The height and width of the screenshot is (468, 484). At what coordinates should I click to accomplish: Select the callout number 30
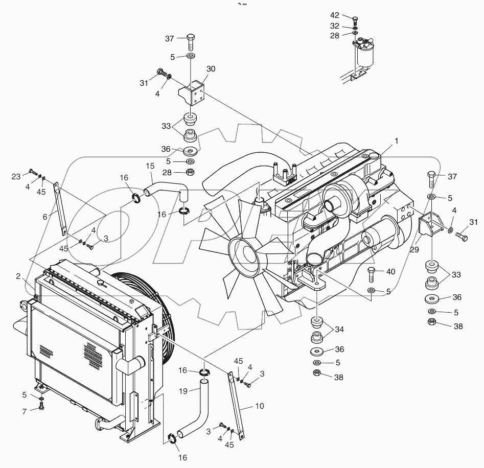tap(211, 69)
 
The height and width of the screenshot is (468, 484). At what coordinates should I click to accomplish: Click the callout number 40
tap(390, 272)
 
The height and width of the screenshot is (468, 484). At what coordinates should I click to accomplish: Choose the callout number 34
tap(339, 330)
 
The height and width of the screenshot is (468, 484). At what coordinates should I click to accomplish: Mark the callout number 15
tap(150, 166)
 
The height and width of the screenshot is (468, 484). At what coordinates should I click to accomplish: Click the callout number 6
tap(45, 217)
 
